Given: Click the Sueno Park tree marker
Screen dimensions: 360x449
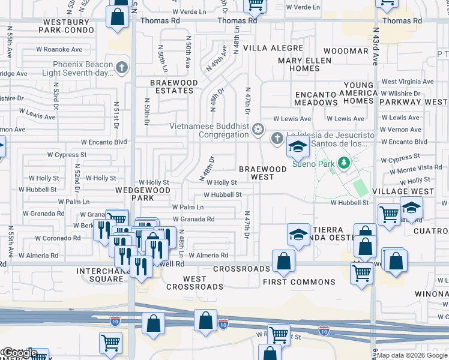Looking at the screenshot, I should [x=343, y=162].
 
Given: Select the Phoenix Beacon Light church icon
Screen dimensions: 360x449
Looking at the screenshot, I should [x=122, y=67].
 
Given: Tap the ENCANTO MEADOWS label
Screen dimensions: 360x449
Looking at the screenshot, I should [x=316, y=98].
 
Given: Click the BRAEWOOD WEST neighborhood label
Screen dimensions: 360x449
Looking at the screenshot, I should [x=263, y=173].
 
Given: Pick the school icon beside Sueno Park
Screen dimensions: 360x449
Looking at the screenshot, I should [x=297, y=146].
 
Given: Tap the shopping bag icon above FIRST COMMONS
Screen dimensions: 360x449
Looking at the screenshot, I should [x=283, y=261].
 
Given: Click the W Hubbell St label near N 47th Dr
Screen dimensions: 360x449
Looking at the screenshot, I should [x=222, y=195].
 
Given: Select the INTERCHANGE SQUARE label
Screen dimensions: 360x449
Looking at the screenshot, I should [x=100, y=275].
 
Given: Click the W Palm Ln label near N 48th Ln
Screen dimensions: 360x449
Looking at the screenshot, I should [x=187, y=207].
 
